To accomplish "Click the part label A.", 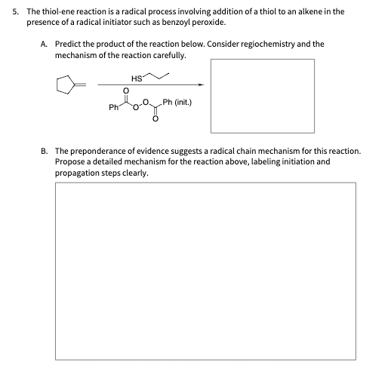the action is [x=43, y=44].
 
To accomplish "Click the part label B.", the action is [x=43, y=151].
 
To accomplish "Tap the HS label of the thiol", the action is [x=136, y=79].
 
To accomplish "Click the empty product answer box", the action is [x=262, y=95].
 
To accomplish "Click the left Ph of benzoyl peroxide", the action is [x=114, y=107].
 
